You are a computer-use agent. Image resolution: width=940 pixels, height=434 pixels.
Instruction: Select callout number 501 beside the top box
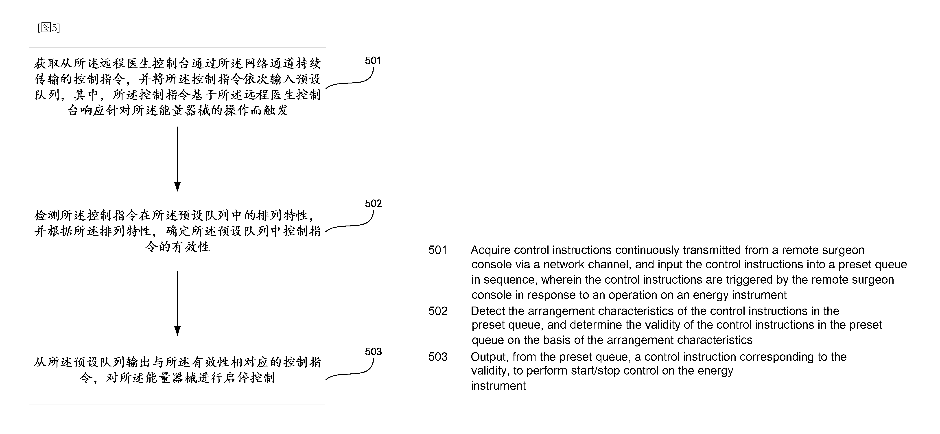point(373,61)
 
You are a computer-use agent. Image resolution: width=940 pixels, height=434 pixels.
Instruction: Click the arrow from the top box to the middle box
point(177,159)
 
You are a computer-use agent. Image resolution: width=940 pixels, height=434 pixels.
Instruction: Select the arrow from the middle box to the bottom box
point(177,303)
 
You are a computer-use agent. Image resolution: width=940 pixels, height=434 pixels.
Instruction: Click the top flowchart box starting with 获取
point(177,87)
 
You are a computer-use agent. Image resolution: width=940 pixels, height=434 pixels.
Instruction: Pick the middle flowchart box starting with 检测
point(177,231)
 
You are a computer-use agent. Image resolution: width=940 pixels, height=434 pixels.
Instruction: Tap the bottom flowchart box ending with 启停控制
point(177,370)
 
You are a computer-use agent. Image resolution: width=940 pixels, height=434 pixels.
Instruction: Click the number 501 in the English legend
point(437,250)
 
